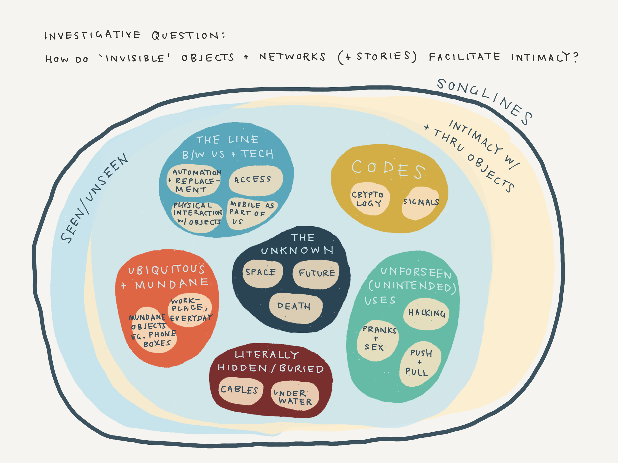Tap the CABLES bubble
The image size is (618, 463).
point(240,391)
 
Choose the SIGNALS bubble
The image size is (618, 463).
point(420,203)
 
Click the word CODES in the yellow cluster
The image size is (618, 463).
point(388,169)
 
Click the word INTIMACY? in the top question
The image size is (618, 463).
point(545,57)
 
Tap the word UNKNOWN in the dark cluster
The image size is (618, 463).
point(297,250)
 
